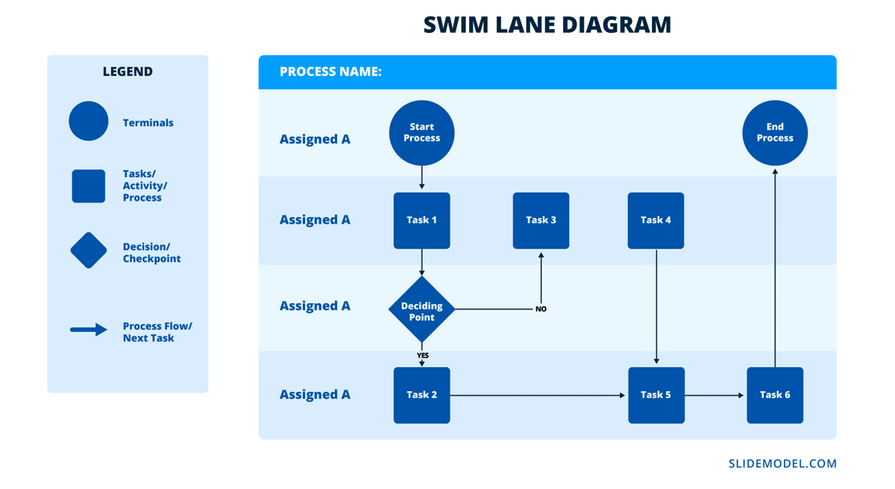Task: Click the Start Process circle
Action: tap(421, 133)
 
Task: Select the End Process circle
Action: tap(775, 133)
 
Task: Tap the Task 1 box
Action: tap(421, 220)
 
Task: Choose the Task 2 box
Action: tap(421, 395)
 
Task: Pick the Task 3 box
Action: tap(541, 220)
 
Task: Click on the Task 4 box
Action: tap(656, 220)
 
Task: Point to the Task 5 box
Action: tap(656, 395)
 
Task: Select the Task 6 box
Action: tap(775, 395)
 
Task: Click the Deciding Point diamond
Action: tap(421, 308)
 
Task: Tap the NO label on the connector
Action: tap(541, 309)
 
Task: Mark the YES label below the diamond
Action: tap(422, 355)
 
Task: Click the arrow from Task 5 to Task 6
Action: tap(715, 395)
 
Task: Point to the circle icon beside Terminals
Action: tap(89, 121)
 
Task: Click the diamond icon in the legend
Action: tap(89, 250)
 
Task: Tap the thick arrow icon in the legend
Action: tap(89, 329)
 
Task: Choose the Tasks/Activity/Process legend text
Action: tap(145, 186)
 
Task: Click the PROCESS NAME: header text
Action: tap(330, 72)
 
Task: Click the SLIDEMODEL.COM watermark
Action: tap(782, 464)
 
